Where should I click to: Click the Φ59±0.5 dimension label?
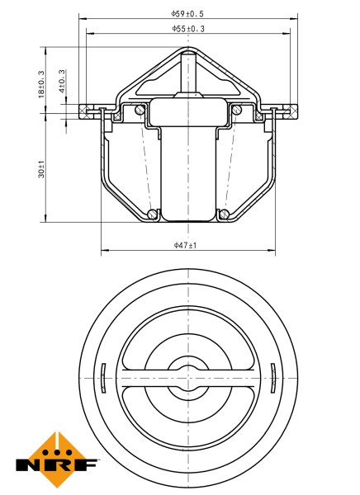point(188,13)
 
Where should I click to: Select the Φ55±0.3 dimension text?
point(188,28)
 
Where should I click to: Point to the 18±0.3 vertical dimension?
point(41,85)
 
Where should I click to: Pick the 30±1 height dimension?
point(41,171)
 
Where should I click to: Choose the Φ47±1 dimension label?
point(186,245)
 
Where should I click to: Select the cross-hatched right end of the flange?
point(289,108)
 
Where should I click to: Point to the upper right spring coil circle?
point(237,110)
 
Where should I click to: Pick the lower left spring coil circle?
point(154,215)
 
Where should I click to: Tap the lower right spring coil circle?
point(224,215)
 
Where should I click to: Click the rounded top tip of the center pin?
point(189,55)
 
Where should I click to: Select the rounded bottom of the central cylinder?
point(189,219)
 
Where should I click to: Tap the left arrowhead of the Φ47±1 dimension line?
point(103,251)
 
